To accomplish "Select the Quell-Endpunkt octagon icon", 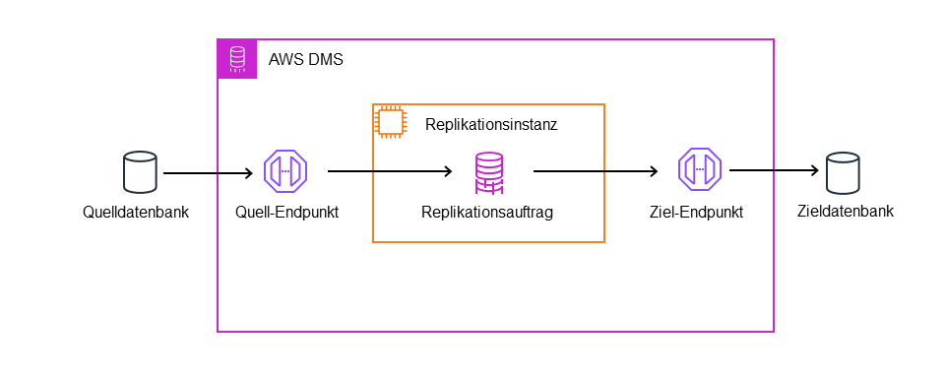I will pos(286,171).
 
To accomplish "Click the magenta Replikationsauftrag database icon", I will pos(489,172).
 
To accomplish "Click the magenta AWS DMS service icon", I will pos(237,59).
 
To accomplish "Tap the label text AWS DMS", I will pos(305,60).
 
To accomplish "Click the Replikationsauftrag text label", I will pos(487,212).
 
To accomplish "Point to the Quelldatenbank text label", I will pos(135,212).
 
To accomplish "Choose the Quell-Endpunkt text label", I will pos(287,212).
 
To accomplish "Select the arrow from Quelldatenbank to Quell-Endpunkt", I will pos(208,174).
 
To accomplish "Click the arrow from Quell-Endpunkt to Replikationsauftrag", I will pos(389,171).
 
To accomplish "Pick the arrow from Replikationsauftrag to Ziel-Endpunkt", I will pos(595,171).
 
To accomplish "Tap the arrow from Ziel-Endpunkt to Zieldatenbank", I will pos(773,170).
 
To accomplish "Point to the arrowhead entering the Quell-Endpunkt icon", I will pos(248,174).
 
